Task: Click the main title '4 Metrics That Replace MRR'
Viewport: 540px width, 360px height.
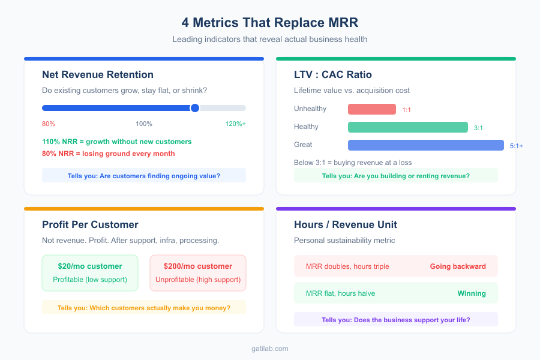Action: pos(270,22)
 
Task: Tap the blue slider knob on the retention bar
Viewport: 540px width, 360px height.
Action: pos(194,108)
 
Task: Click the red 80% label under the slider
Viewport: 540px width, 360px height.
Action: pos(49,124)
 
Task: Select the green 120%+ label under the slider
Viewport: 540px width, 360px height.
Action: pos(235,124)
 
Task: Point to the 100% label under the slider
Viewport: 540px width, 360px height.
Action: pos(144,124)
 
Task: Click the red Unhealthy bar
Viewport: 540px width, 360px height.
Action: pos(372,109)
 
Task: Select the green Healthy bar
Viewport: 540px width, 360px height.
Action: pos(408,127)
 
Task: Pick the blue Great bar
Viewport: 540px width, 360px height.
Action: pos(426,145)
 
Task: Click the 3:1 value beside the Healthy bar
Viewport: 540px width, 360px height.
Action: pos(478,128)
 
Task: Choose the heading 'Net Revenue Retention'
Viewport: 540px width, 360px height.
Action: pos(98,74)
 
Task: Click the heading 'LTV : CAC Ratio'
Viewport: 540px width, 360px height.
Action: pos(333,74)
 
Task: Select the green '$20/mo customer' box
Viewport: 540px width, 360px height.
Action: pos(90,272)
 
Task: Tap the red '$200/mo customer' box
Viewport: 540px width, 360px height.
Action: pos(198,272)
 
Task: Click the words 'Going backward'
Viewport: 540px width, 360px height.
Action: pos(458,266)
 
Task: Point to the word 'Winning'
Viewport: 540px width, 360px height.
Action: pos(472,294)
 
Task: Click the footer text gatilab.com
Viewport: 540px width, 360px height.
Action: pos(270,348)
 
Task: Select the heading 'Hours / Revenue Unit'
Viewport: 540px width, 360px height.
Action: pos(346,224)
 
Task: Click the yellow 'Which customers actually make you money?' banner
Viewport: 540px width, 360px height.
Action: pos(144,308)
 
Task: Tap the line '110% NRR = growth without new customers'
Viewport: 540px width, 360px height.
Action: pos(117,142)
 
